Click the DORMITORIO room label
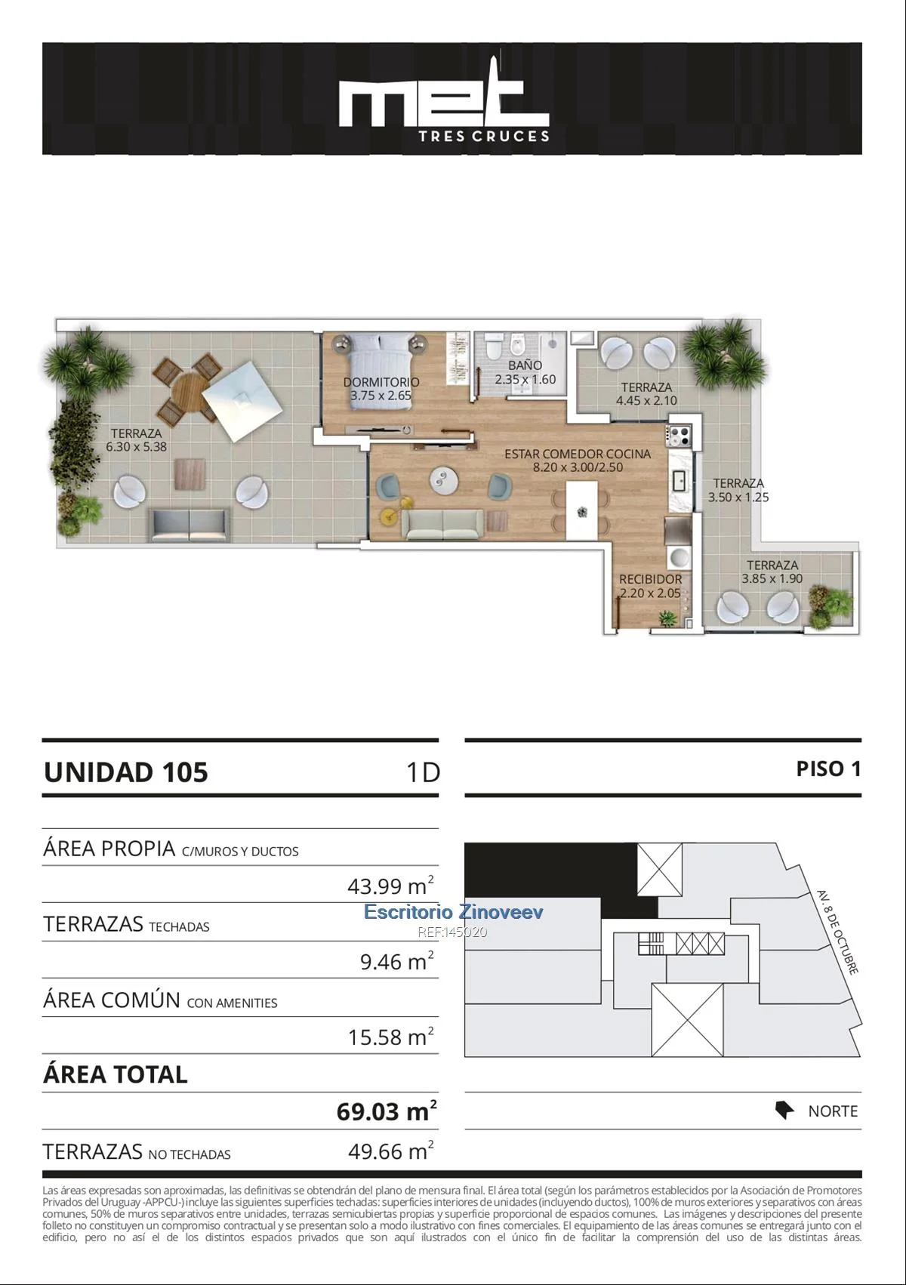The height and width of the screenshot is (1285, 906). point(381,381)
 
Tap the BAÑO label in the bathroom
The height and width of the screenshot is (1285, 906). point(525,365)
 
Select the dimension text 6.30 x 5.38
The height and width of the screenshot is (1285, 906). point(136,447)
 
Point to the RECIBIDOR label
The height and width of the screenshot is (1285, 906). point(650,579)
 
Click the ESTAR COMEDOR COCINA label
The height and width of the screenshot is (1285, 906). point(578,454)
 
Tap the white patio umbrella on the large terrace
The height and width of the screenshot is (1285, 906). point(242,400)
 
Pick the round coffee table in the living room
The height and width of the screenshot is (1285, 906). point(443,479)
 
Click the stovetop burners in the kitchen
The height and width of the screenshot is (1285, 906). point(680,436)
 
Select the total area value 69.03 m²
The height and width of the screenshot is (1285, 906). point(386,1111)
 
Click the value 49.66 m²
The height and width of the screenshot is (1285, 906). point(391,1151)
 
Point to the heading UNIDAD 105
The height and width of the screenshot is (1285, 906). point(125,772)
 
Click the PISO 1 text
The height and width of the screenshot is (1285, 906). point(828,769)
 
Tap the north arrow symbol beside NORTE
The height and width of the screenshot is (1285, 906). point(784,1110)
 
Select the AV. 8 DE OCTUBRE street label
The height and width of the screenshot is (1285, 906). point(838,932)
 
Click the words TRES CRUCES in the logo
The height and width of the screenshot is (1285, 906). point(484,137)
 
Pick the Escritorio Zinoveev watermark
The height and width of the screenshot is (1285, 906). point(453,911)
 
